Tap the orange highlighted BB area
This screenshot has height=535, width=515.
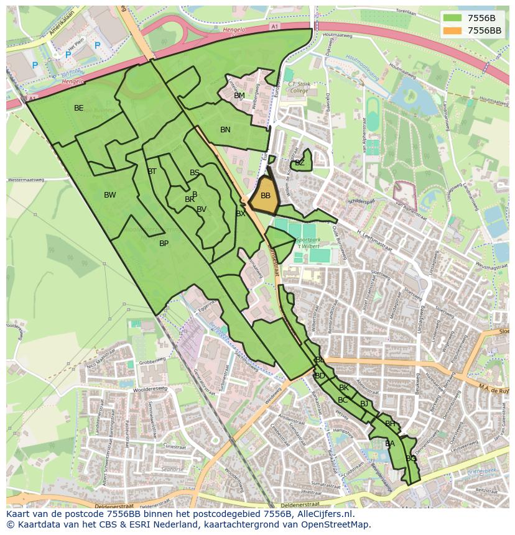[266, 196]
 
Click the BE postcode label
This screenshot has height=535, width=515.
[78, 108]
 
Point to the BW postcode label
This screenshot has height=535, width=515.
[109, 195]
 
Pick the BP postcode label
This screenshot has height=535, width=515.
[164, 244]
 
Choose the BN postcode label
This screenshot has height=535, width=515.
[225, 130]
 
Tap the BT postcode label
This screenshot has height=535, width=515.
[152, 171]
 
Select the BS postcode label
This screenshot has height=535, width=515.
[195, 173]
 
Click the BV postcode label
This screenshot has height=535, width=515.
[201, 209]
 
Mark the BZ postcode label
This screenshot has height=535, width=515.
[300, 163]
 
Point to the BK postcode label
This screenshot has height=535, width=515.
[344, 388]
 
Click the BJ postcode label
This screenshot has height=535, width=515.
[364, 404]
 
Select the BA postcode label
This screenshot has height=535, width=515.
[390, 444]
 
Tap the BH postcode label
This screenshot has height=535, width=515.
[390, 424]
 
